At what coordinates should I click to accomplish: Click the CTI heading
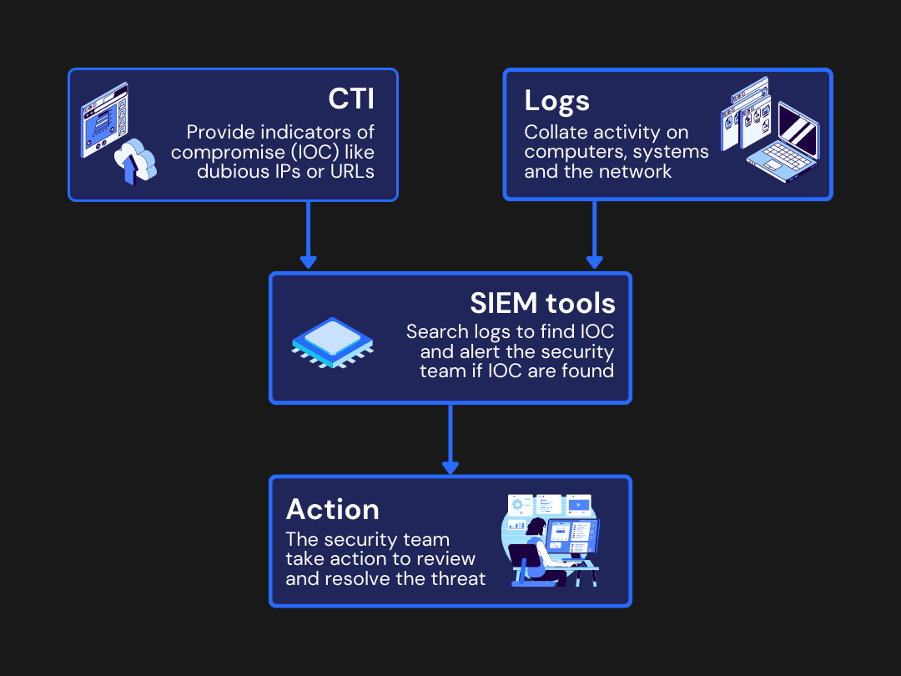pos(350,98)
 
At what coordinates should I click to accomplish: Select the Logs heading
pos(556,101)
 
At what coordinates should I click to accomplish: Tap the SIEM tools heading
pos(541,302)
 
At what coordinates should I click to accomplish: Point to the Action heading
pos(332,509)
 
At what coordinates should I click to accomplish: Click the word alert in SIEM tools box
pos(481,351)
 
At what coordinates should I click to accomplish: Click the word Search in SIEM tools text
pos(434,332)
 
